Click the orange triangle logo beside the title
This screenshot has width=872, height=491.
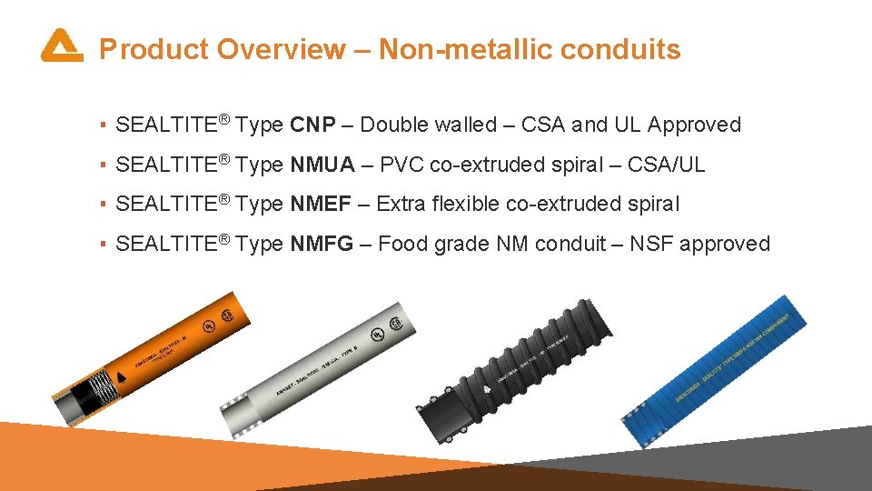pos(61,46)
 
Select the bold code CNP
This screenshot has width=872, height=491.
pos(313,125)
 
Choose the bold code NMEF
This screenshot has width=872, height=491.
pos(321,204)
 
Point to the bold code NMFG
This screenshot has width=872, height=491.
pos(322,244)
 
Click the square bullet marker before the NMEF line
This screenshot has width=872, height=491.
pos(104,205)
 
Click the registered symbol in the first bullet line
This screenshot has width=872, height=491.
pos(224,118)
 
